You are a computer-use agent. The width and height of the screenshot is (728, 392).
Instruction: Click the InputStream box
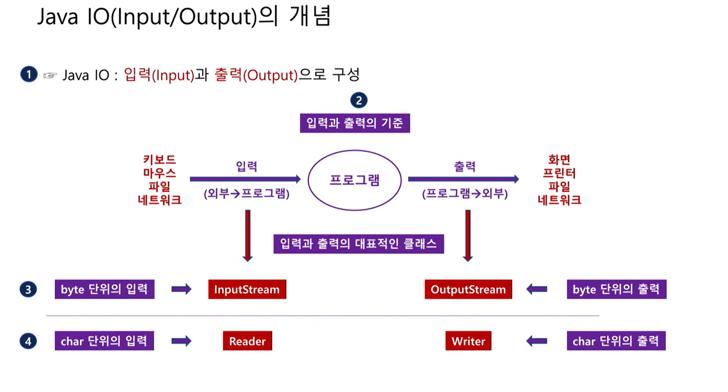tap(247, 289)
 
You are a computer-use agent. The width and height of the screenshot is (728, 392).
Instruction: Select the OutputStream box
tap(468, 289)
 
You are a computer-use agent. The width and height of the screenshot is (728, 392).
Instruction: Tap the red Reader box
tap(247, 341)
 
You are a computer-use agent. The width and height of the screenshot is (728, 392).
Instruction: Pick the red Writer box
tap(468, 341)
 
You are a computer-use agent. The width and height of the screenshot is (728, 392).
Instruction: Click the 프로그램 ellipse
tap(355, 180)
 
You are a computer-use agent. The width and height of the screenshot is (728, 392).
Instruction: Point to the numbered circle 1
tap(29, 74)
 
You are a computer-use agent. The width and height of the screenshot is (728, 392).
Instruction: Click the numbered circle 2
tap(359, 100)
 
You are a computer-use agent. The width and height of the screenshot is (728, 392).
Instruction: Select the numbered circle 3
tap(28, 289)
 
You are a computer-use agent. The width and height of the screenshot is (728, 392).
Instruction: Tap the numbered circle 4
tap(28, 341)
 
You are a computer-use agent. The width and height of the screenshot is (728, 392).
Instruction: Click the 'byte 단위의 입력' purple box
tap(105, 289)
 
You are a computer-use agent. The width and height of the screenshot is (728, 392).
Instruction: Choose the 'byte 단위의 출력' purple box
tap(616, 289)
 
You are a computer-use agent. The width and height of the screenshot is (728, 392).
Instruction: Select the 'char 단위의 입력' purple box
tap(104, 341)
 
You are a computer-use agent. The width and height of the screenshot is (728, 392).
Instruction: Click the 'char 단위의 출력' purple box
tap(616, 341)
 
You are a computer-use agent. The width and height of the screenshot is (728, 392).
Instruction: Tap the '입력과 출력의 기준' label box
tap(355, 123)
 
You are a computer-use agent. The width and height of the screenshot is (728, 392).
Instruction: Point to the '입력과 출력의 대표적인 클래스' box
tap(358, 244)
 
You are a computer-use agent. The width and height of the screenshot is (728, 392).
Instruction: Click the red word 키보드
tap(159, 160)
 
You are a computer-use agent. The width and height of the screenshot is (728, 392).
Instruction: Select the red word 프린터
tap(559, 173)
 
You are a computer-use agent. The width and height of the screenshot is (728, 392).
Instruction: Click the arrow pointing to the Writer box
tap(537, 341)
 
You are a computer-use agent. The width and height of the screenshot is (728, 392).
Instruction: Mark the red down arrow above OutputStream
tap(468, 236)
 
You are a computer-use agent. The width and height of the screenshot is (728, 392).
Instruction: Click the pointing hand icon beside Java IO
tap(50, 76)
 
